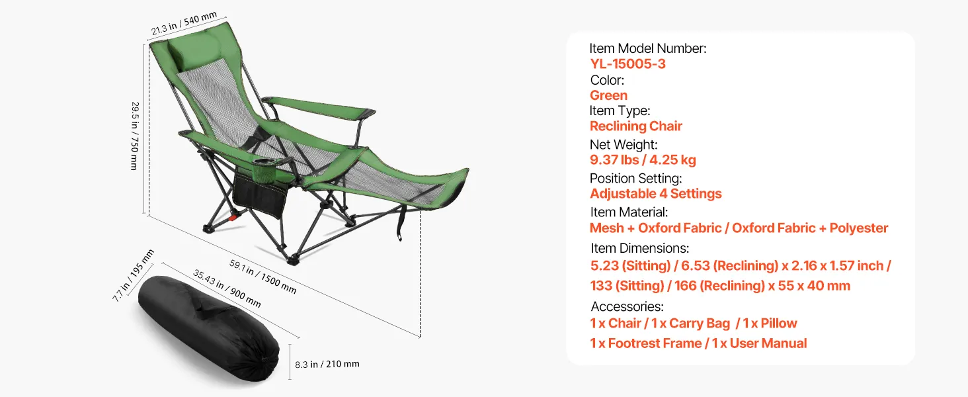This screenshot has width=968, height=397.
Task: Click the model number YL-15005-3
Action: pos(627,64)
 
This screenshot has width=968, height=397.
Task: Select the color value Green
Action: pos(608,95)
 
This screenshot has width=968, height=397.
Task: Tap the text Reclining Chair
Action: pos(635,126)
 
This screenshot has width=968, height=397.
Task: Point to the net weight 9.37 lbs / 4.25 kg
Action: pos(643,160)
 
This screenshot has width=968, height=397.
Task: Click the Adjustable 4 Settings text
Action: pos(655,194)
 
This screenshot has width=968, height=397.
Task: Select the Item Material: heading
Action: pos(629,212)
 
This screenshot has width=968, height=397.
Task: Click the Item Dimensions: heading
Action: pos(639,248)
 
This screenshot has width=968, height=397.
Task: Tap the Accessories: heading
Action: pos(627,306)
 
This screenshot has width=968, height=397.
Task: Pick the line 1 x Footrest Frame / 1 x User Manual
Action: pos(698,343)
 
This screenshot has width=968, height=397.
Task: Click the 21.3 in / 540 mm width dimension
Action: pos(184,23)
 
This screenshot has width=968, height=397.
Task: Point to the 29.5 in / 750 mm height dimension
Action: pos(136,136)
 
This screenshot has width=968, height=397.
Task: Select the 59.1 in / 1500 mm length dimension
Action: pos(262,277)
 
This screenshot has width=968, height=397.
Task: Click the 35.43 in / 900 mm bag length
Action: pos(227,288)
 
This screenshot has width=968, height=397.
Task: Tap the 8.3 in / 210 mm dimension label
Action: pos(327,364)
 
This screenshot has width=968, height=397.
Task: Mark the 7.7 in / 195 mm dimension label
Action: pos(133,275)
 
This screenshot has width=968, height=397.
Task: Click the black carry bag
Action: pos(209,328)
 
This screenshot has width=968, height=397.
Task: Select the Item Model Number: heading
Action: pos(648,48)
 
